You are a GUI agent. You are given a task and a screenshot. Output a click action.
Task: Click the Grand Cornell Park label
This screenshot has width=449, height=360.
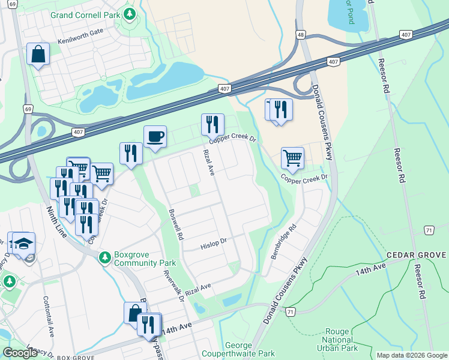point(85,14)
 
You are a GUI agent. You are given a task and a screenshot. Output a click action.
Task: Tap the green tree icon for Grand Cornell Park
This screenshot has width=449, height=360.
point(128,14)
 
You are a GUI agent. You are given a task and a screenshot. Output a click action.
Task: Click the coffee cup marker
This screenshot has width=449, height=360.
point(155,137)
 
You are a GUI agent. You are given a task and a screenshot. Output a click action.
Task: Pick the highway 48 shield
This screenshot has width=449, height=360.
point(301,35)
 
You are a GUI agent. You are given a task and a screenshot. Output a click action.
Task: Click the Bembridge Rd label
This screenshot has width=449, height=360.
point(283,242)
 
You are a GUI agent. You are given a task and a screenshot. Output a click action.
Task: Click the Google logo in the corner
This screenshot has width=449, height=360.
point(20,353)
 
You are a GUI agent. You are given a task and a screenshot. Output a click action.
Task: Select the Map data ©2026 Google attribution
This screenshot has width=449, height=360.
point(412,355)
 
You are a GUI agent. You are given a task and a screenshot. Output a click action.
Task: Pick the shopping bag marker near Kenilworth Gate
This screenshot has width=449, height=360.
point(38,55)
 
